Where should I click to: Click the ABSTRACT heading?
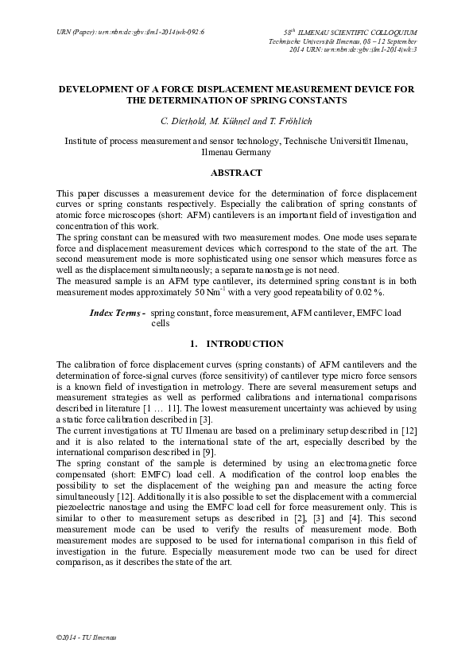click(x=236, y=172)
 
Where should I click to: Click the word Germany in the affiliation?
click(x=252, y=151)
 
